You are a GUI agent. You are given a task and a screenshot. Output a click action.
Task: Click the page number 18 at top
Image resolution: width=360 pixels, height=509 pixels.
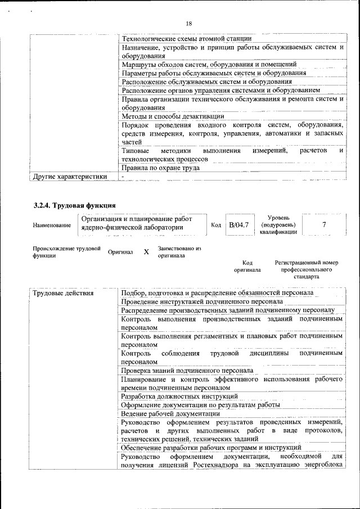tap(188, 23)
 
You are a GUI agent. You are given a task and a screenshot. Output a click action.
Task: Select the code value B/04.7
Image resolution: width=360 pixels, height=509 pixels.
tap(238, 225)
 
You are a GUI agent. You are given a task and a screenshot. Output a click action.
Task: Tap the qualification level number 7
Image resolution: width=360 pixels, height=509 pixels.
tap(323, 225)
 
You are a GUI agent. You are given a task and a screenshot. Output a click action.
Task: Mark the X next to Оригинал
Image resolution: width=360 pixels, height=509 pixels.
tap(146, 252)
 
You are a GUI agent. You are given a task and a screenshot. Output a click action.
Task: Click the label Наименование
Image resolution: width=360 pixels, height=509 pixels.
tap(52, 226)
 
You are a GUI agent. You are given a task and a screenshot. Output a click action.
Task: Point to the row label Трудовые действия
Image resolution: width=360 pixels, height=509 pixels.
tap(62, 293)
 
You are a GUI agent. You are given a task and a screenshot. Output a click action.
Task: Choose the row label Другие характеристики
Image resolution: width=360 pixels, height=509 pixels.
tap(69, 176)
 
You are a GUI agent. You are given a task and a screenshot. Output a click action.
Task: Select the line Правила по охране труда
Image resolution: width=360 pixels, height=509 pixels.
tap(160, 167)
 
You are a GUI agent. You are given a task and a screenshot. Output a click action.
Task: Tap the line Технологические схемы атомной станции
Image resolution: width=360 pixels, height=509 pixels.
tap(186, 38)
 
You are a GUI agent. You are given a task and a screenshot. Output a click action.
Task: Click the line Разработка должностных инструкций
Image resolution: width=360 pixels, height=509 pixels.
tap(179, 397)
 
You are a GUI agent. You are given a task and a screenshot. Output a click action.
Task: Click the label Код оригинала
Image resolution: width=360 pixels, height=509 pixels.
tap(247, 266)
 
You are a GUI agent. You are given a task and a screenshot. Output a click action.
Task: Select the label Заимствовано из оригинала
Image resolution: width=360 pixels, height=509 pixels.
tap(179, 251)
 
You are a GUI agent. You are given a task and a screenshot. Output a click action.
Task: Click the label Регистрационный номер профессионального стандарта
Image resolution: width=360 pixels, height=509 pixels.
tap(306, 269)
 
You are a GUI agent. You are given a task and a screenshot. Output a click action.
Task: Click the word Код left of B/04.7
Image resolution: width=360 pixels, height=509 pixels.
tap(215, 226)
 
